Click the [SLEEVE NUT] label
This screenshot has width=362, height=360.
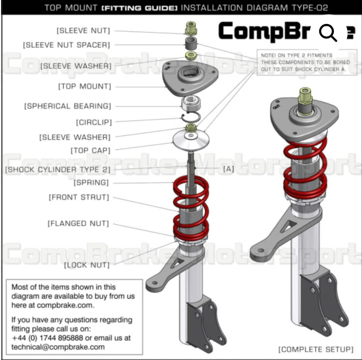(x=83, y=31)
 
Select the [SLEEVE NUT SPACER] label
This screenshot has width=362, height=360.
(x=66, y=45)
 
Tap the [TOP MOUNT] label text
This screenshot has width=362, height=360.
(x=84, y=86)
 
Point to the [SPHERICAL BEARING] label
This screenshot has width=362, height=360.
(x=67, y=106)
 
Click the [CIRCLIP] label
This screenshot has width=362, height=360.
(x=94, y=122)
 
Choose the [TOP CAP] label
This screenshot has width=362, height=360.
(x=91, y=151)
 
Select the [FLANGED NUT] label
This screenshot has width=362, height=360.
(x=78, y=223)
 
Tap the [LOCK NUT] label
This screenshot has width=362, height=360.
(x=86, y=265)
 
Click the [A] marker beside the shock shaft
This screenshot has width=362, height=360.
(x=228, y=169)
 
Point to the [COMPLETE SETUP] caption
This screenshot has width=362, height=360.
(x=316, y=349)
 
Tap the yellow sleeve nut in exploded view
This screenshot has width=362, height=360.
(x=191, y=28)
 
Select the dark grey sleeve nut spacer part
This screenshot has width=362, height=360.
(x=191, y=44)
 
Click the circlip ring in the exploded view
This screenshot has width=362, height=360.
(x=192, y=117)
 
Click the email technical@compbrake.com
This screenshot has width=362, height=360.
(x=58, y=347)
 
